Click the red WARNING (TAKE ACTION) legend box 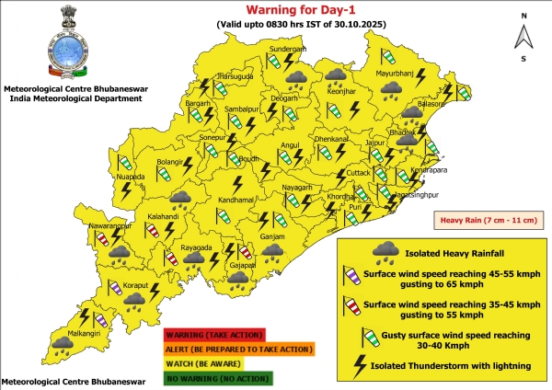pos(214,335)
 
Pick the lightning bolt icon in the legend pos(353,366)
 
